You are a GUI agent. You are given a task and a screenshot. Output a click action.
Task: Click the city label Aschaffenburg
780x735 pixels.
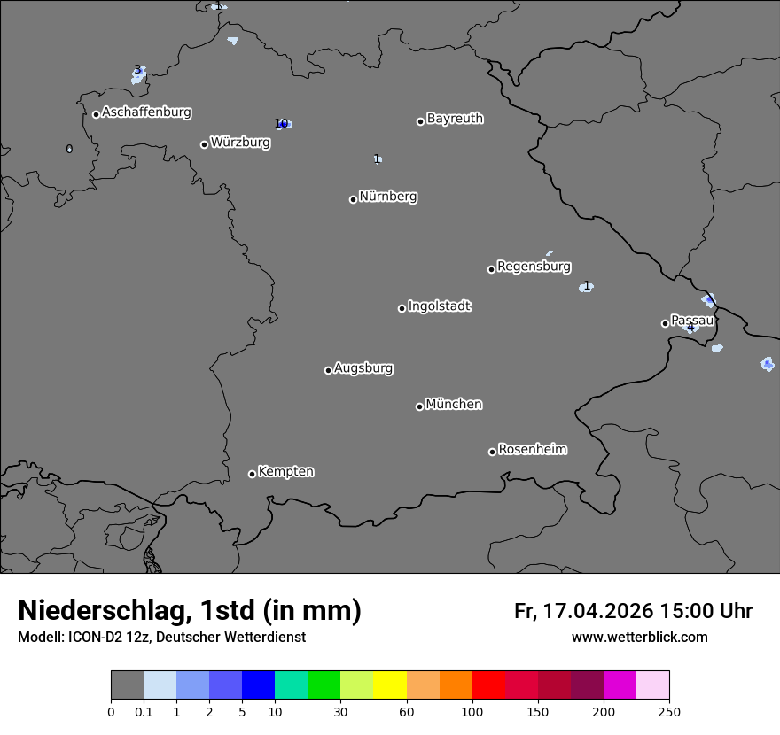click(x=146, y=112)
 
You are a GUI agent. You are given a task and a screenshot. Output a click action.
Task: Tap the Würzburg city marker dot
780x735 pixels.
click(x=204, y=144)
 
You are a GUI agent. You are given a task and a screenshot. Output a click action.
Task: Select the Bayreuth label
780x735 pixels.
click(x=455, y=119)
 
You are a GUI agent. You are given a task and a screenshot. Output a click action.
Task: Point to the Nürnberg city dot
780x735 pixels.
click(x=353, y=199)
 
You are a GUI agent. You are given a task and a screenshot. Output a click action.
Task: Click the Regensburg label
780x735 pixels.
click(x=534, y=267)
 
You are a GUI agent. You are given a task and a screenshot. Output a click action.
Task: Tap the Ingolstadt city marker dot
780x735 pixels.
click(x=402, y=308)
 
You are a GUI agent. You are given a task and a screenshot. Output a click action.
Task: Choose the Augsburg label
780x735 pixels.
click(x=363, y=368)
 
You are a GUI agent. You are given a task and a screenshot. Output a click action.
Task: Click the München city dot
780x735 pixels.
click(x=419, y=406)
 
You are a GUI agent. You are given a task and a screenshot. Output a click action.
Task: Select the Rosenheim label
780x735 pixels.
click(x=532, y=450)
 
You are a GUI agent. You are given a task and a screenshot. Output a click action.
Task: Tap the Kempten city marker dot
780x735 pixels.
click(x=252, y=474)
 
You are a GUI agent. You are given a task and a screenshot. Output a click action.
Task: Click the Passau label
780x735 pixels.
click(x=692, y=321)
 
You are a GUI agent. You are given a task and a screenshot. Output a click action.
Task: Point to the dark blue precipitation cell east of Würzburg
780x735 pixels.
click(x=284, y=124)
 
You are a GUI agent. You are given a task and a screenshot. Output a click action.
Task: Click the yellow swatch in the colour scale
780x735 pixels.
click(x=390, y=685)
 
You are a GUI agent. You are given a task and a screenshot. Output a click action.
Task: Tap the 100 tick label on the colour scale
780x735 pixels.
click(x=472, y=711)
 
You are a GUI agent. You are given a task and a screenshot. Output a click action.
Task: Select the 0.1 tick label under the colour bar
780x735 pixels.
click(x=144, y=711)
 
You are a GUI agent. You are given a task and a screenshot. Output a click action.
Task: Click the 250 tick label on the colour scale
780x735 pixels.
click(x=669, y=711)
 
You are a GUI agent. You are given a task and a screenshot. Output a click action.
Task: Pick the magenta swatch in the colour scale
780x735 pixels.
click(x=620, y=685)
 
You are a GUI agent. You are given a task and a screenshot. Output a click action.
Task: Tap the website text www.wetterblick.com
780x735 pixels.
click(x=640, y=638)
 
